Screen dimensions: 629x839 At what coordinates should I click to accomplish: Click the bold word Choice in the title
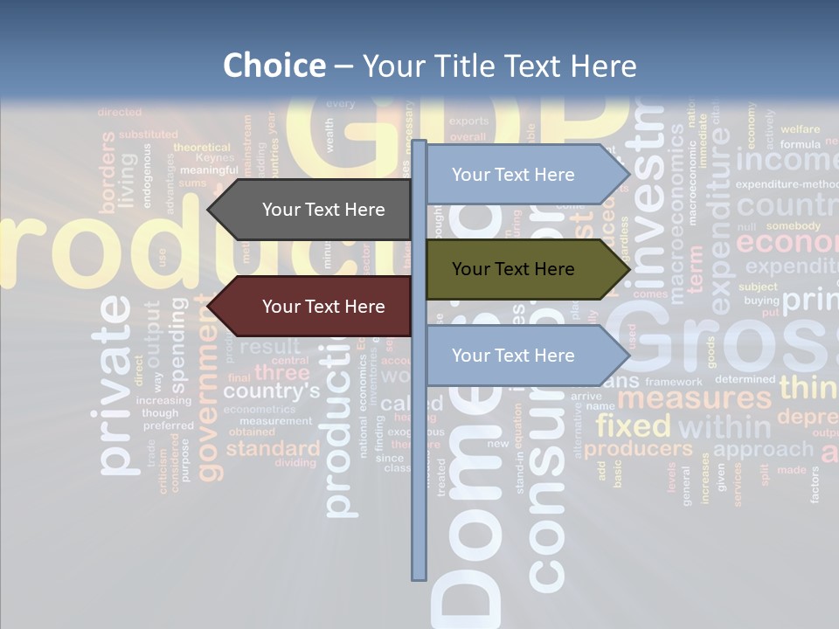tap(274, 66)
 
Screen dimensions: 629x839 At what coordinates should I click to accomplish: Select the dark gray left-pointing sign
tap(315, 210)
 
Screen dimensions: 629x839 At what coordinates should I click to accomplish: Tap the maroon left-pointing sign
tap(315, 307)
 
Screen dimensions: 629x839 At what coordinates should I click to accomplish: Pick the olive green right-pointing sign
tap(520, 269)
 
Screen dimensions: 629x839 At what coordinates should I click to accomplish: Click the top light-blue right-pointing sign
tap(520, 175)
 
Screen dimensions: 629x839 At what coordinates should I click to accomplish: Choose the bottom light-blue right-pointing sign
tap(520, 356)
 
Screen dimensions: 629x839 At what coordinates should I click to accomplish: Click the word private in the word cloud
tap(116, 384)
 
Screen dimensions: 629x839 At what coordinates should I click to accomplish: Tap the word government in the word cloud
tap(210, 402)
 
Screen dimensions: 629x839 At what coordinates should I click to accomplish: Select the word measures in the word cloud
tap(695, 399)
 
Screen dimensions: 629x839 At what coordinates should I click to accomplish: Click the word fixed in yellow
tap(633, 426)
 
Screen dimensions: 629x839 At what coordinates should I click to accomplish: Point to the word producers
tap(638, 449)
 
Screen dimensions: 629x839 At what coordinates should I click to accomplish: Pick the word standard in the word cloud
tap(273, 449)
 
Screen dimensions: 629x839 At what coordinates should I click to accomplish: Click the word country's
tap(271, 391)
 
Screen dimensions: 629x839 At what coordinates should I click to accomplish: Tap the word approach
tap(763, 449)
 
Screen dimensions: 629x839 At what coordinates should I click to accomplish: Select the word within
tap(725, 427)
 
